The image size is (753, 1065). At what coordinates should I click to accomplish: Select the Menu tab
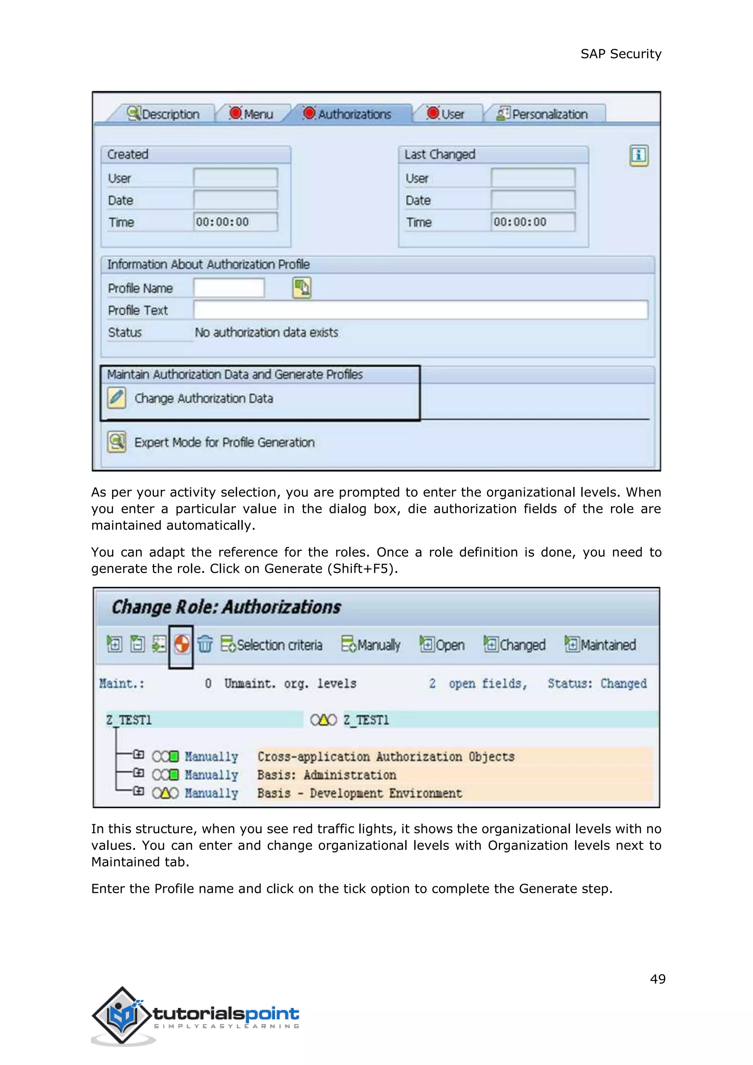251,114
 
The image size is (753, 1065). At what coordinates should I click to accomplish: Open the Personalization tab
542,114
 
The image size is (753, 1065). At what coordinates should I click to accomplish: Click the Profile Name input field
229,288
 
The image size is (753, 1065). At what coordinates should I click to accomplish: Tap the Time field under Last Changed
533,222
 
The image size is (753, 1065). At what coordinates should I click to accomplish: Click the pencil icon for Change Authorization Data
117,398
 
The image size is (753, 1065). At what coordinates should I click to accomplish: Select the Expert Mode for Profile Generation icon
117,442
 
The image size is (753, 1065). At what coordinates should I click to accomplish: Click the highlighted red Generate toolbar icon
181,644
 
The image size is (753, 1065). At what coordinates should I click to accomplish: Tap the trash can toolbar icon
204,644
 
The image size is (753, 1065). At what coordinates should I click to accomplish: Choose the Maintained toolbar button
600,645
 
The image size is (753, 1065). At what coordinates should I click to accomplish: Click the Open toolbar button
442,645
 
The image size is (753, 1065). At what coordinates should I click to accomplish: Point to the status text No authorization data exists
266,332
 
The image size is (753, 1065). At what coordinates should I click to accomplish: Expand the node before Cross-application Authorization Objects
138,755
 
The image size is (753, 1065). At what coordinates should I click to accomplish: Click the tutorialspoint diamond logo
122,1015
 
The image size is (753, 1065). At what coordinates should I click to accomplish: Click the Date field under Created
236,200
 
